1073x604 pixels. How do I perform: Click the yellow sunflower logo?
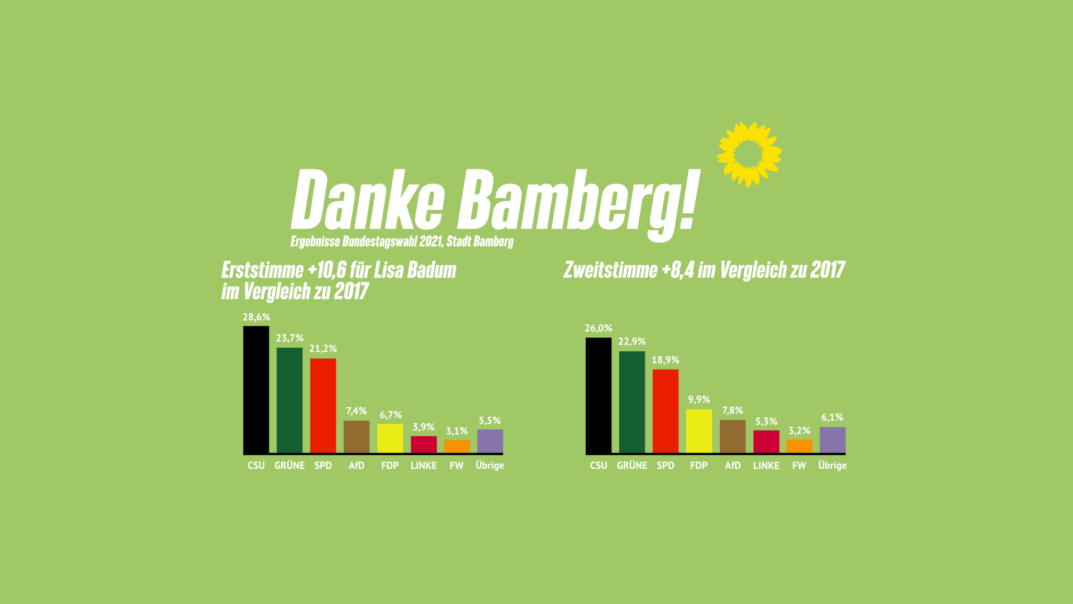click(749, 154)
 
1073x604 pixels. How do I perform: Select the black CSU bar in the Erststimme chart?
click(256, 389)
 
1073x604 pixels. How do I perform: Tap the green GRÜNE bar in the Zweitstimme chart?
click(632, 402)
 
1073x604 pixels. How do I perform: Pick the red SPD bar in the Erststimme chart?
click(323, 405)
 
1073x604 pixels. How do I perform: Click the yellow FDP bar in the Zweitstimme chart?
click(699, 431)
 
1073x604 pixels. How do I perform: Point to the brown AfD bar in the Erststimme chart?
click(357, 436)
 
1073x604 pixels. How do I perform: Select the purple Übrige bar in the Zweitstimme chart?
click(832, 440)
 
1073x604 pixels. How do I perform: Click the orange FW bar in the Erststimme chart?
click(457, 446)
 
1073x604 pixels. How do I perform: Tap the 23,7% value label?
click(289, 338)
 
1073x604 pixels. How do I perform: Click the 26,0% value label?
click(599, 328)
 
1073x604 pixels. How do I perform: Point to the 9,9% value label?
click(699, 399)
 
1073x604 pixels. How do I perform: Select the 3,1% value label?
click(457, 431)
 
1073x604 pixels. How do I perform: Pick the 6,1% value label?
click(832, 417)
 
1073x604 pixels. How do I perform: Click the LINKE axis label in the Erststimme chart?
click(424, 465)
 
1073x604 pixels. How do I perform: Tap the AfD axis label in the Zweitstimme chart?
click(733, 465)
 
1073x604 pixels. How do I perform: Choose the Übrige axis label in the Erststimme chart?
click(490, 465)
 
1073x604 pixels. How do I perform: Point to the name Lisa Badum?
click(415, 270)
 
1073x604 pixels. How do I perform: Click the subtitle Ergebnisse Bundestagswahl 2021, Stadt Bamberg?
click(402, 242)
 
